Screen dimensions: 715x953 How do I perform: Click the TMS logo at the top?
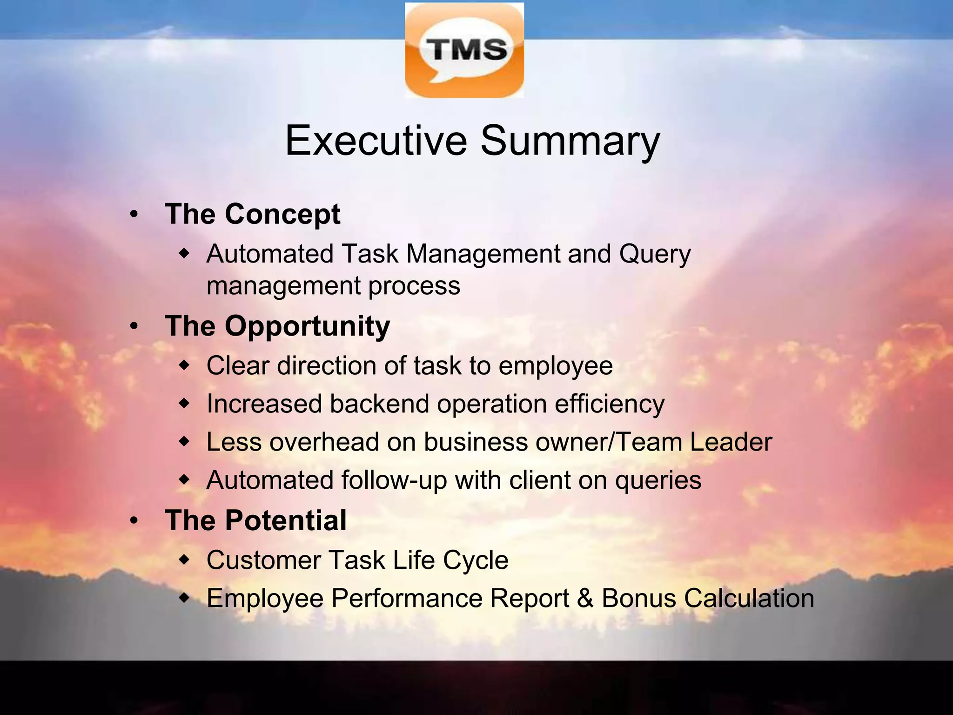(x=464, y=50)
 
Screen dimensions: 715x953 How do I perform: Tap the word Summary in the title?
(x=570, y=142)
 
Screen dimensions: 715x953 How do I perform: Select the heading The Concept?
(x=253, y=214)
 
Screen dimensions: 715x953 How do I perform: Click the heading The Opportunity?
(x=277, y=326)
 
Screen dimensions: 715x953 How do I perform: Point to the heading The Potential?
(x=255, y=520)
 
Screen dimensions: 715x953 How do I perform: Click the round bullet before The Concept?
(x=134, y=215)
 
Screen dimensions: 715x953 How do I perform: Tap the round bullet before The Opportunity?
(x=134, y=327)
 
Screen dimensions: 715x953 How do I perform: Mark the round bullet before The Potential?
(x=134, y=521)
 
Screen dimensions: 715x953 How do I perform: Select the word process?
(x=414, y=286)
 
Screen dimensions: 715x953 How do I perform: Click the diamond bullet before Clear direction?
(x=185, y=366)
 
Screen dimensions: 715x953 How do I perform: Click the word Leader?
(x=731, y=442)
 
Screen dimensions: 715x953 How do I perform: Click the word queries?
(x=658, y=480)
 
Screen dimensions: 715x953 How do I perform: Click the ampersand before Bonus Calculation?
(x=585, y=598)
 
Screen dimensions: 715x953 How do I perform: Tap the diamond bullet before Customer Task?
(x=185, y=560)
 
